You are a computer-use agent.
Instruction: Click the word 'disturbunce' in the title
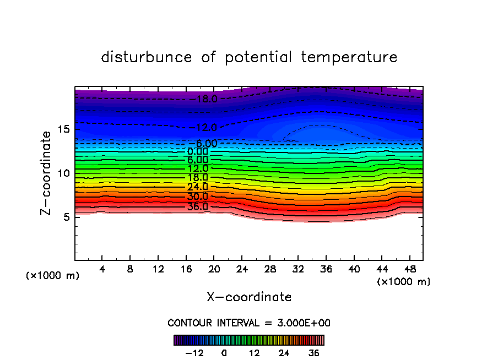147,57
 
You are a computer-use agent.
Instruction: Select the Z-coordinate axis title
47,173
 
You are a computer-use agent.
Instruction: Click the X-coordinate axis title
249,297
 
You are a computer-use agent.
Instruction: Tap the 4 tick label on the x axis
102,270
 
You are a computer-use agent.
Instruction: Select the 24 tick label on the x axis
241,270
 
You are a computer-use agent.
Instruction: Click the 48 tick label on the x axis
409,270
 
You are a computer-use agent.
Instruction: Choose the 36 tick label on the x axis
325,270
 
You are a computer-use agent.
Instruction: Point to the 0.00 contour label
198,151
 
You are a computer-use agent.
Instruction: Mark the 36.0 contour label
198,206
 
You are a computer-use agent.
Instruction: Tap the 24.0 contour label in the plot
198,187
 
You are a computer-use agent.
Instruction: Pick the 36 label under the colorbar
313,353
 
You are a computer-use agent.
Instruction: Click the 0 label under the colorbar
224,353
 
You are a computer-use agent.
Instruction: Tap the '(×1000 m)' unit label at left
53,276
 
